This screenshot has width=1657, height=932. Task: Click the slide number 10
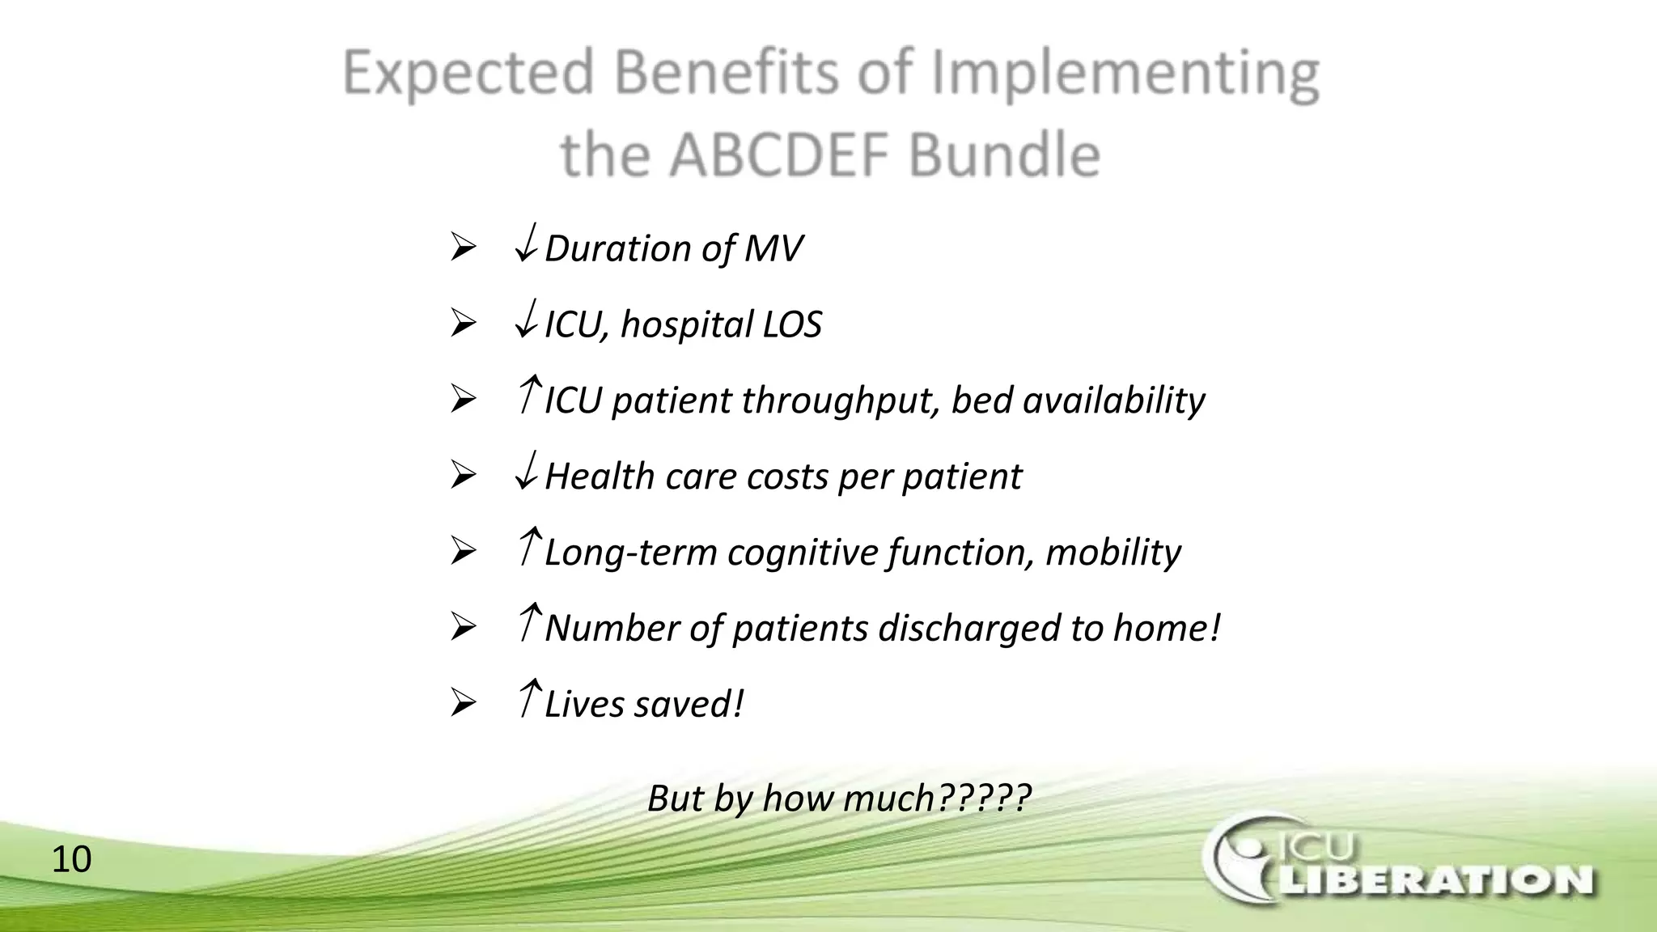(71, 859)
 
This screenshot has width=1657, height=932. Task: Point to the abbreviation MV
(773, 248)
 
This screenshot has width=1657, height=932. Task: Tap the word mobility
(1112, 553)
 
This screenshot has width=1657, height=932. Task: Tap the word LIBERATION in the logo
(1434, 881)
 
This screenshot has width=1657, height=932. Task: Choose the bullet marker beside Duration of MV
(463, 247)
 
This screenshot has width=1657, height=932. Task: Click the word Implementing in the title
(1125, 74)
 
